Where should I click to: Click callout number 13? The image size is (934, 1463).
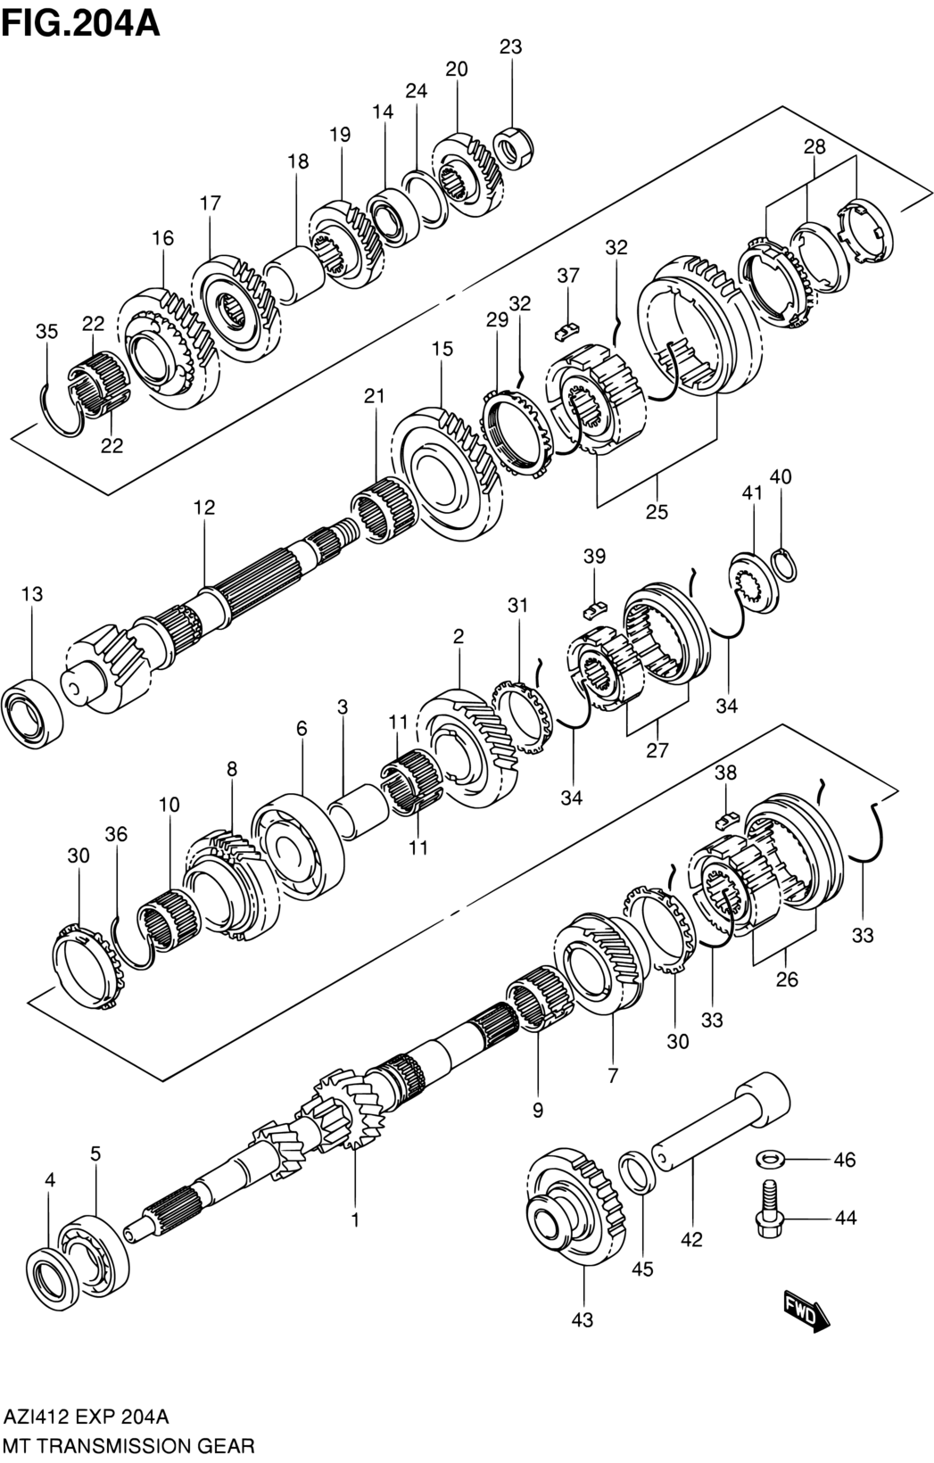pyautogui.click(x=32, y=594)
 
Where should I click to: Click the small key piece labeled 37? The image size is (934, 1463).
pyautogui.click(x=567, y=332)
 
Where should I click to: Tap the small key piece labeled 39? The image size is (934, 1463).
pyautogui.click(x=594, y=611)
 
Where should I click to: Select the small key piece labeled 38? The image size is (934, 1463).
pyautogui.click(x=725, y=820)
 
